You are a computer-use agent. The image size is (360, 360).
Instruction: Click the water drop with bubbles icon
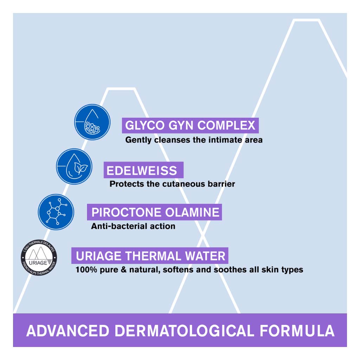pos(92,122)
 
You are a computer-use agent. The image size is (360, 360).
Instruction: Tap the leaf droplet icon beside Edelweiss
pos(74,166)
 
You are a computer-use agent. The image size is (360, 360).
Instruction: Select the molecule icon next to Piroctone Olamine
pos(56,212)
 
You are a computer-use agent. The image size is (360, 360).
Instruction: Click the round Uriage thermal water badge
pos(39,257)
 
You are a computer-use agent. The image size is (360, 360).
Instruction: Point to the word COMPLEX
pos(226,126)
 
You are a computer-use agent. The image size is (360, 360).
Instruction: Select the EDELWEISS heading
pos(142,171)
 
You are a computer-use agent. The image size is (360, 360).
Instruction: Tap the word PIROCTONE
pos(126,212)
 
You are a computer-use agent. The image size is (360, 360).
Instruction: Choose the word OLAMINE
pos(192,212)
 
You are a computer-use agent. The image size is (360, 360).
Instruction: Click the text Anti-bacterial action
pos(133,226)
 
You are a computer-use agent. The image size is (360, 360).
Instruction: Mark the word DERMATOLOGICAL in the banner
pos(184,331)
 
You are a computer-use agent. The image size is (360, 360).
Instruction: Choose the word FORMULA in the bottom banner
pos(297,331)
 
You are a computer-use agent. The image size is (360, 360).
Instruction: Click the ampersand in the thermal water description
pos(124,270)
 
